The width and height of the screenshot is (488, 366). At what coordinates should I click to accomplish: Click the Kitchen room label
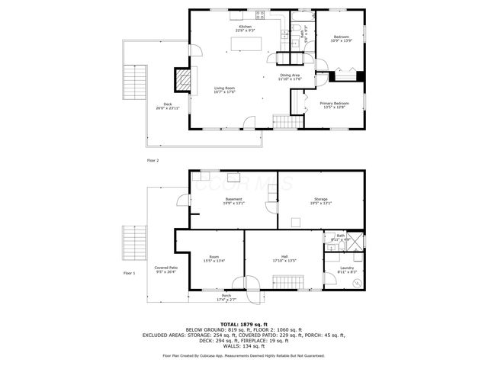(245, 28)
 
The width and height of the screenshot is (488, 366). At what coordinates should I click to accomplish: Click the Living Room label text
(224, 90)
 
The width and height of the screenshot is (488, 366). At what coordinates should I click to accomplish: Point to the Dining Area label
(291, 77)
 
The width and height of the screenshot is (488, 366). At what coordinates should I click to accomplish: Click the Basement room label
(233, 201)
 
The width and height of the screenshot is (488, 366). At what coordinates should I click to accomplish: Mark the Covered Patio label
(165, 269)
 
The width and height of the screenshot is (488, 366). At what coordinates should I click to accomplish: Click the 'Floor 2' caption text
(152, 161)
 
